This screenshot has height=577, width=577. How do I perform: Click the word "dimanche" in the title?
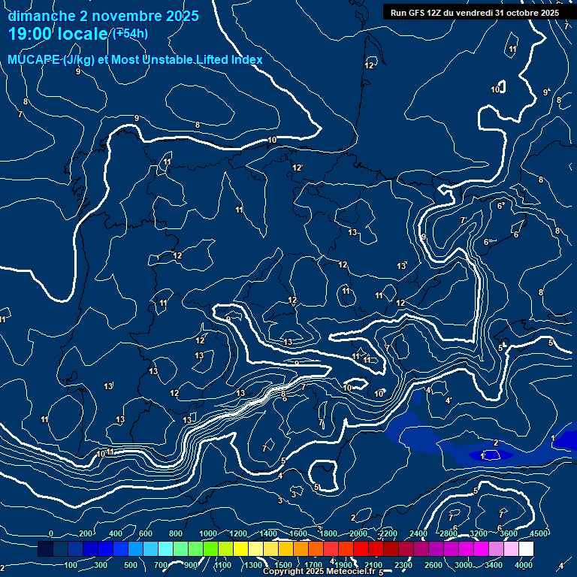tap(41, 16)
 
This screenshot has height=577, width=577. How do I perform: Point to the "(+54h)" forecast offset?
tap(129, 34)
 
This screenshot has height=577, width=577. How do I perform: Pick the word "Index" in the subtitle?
tap(246, 59)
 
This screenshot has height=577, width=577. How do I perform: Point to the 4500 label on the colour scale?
tap(539, 533)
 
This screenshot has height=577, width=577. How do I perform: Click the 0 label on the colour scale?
tap(51, 533)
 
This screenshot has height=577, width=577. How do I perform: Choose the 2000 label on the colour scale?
tap(358, 533)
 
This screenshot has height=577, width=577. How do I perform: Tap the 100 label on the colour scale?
tap(72, 565)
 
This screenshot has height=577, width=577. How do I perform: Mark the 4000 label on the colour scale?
tap(524, 565)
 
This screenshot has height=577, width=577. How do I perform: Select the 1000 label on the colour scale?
tap(208, 533)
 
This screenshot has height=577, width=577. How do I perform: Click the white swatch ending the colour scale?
tap(547, 549)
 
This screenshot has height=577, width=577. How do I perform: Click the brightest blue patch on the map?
tap(492, 455)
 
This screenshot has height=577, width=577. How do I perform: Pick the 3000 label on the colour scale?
tap(464, 565)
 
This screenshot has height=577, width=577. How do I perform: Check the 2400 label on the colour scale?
tap(418, 533)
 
